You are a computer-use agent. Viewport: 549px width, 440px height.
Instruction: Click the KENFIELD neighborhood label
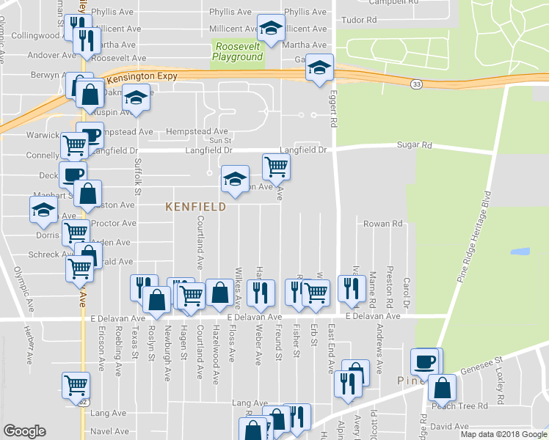194,208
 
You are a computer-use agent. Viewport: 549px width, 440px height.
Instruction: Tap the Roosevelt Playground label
238,51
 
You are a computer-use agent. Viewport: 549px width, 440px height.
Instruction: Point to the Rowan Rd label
383,224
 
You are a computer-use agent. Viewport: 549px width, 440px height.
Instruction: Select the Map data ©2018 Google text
503,434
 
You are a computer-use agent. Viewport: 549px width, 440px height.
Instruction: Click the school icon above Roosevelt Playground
270,30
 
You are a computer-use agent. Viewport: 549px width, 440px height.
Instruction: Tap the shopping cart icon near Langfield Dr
276,166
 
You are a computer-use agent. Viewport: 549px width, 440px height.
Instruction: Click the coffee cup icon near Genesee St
426,361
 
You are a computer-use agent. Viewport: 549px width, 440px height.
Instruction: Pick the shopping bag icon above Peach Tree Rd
443,386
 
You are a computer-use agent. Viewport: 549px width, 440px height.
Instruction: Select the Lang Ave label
250,403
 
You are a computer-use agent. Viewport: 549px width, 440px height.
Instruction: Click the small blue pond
520,252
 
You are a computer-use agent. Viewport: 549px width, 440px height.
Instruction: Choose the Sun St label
220,140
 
